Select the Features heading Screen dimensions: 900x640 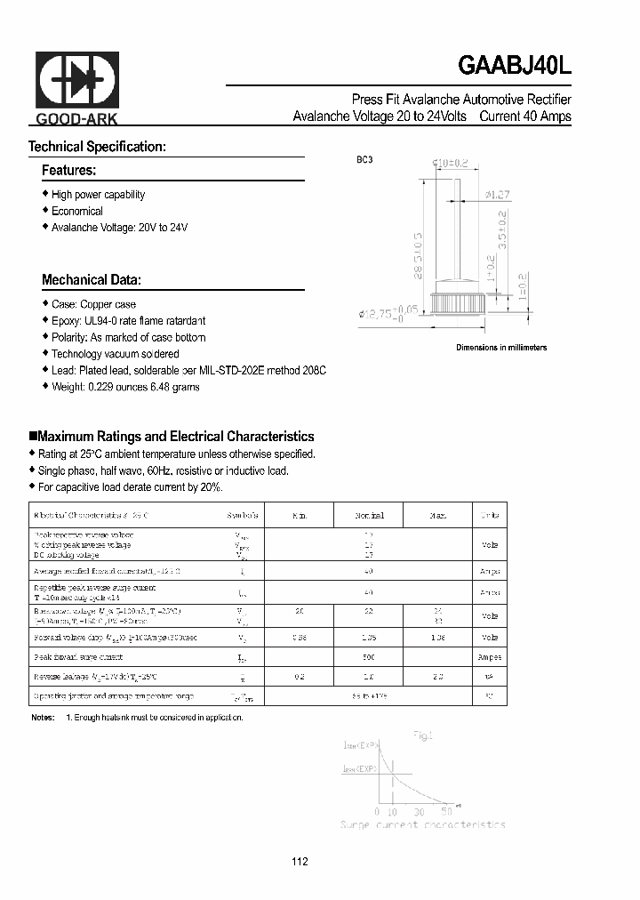tap(68, 170)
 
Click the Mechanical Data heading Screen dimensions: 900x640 tap(91, 279)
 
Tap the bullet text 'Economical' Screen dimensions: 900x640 tap(77, 212)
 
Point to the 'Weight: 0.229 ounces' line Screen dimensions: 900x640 tap(125, 387)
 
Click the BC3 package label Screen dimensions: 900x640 tap(365, 160)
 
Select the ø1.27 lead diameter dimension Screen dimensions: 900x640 tap(498, 195)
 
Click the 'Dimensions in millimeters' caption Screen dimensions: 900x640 tap(501, 348)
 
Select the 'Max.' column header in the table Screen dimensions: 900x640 tap(437, 516)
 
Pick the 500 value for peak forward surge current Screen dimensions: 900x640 tap(369, 657)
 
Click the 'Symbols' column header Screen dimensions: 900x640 tap(244, 516)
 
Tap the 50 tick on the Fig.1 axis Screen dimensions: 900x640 tap(446, 812)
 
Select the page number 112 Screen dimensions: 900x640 tap(300, 862)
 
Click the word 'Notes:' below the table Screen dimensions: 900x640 tap(43, 717)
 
